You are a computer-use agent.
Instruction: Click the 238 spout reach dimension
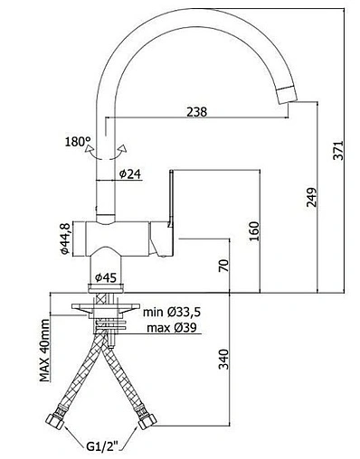click(197, 112)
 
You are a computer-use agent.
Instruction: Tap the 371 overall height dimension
click(338, 150)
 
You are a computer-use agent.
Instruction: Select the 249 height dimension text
click(311, 197)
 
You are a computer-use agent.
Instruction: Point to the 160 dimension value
click(254, 231)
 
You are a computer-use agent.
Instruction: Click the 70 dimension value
click(224, 266)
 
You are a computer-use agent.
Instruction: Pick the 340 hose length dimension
click(224, 359)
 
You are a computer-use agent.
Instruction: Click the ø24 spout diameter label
click(130, 173)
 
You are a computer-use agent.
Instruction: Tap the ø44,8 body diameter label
click(65, 239)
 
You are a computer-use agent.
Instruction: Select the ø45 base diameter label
click(106, 277)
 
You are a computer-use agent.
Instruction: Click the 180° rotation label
click(78, 141)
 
